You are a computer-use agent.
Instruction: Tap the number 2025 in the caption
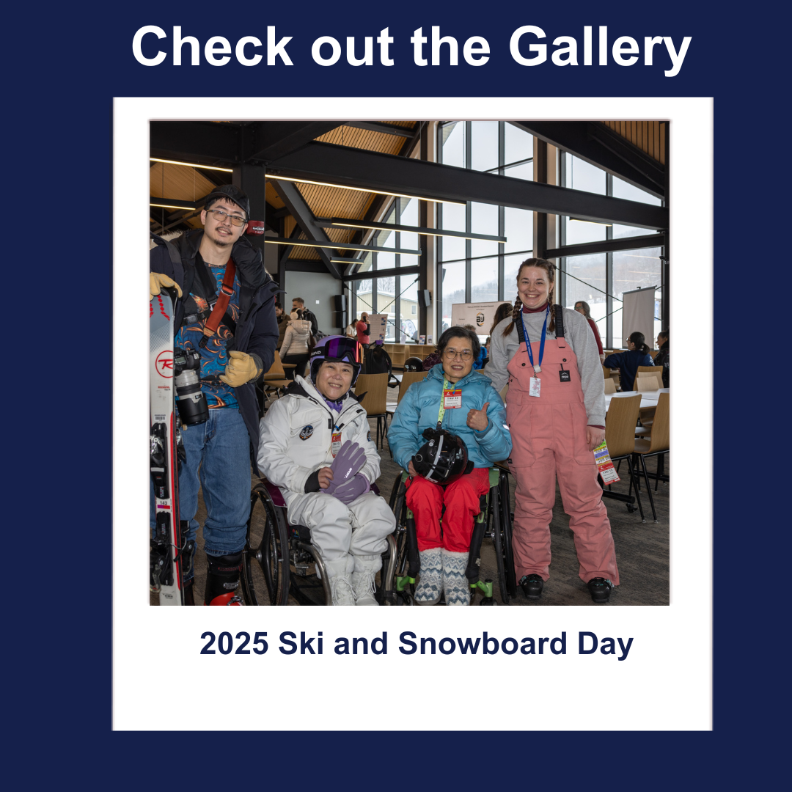(x=234, y=644)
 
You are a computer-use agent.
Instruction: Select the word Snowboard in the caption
(x=483, y=644)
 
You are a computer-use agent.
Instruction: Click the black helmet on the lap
(x=441, y=456)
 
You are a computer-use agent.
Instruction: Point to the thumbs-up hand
(x=477, y=417)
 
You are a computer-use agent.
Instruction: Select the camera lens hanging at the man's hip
(x=190, y=395)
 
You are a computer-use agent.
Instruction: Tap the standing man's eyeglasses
(x=226, y=218)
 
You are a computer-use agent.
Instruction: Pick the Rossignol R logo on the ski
(x=164, y=364)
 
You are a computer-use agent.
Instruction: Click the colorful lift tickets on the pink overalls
(x=606, y=463)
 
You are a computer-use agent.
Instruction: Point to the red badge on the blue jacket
(x=452, y=398)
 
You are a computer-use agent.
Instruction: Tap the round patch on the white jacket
(x=306, y=433)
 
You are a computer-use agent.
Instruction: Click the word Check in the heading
(x=213, y=46)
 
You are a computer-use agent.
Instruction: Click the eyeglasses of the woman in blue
(x=458, y=355)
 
